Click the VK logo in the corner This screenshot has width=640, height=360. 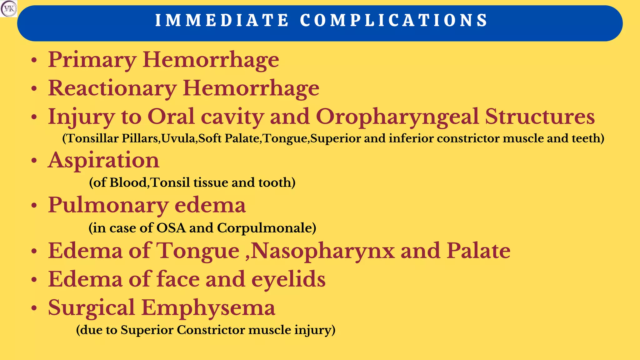(x=9, y=9)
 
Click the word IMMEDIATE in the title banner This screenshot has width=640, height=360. (x=222, y=21)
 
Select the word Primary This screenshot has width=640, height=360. (x=92, y=60)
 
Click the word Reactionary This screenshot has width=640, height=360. (x=112, y=88)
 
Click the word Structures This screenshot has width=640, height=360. (x=540, y=117)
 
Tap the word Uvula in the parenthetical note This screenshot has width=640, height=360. (x=178, y=138)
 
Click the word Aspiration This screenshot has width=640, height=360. (x=103, y=161)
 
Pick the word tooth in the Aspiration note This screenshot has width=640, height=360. (x=277, y=182)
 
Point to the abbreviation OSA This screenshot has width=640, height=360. (x=171, y=228)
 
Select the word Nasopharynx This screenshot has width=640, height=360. (x=323, y=251)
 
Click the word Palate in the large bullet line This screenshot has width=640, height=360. (x=478, y=251)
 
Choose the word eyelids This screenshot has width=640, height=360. (x=288, y=279)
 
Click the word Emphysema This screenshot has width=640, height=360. (x=208, y=308)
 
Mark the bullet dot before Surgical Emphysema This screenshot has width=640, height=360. (x=34, y=308)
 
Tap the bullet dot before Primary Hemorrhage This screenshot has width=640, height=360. (x=34, y=61)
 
